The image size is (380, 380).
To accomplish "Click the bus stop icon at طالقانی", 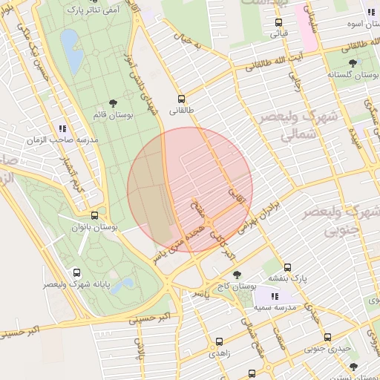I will click(x=182, y=99).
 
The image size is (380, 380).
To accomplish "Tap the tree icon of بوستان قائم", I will click(x=112, y=103).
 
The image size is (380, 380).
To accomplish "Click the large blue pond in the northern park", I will click(x=72, y=51).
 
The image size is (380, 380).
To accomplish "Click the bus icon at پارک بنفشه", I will click(x=287, y=267).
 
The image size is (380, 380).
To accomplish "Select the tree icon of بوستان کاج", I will click(x=237, y=275).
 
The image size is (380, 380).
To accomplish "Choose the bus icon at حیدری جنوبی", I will click(x=327, y=337).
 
